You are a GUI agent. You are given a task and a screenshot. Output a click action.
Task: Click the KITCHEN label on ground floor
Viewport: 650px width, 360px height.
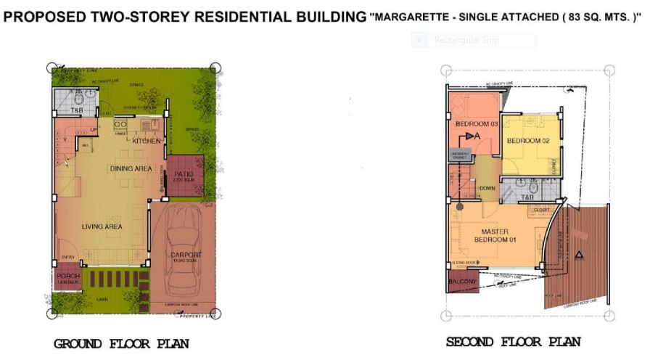click(x=146, y=141)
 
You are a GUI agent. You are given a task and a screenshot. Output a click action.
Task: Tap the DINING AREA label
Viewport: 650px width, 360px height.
click(x=131, y=168)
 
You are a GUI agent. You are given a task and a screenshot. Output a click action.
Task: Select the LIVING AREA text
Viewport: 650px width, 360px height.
click(x=101, y=226)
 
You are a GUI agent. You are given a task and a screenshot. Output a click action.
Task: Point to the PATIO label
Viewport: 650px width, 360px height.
click(x=184, y=174)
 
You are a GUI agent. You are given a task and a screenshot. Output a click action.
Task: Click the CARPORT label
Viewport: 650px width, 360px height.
click(x=187, y=255)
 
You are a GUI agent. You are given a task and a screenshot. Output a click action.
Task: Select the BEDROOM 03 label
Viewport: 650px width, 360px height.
click(x=476, y=124)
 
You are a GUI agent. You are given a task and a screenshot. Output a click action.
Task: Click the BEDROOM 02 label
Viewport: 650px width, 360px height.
click(x=527, y=141)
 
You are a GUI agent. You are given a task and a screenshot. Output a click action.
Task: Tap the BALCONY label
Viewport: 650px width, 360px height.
click(x=462, y=282)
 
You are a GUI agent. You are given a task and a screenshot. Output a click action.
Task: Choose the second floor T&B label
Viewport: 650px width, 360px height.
click(x=527, y=196)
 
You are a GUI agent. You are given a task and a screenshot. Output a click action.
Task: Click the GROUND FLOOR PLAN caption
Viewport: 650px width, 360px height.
click(x=121, y=343)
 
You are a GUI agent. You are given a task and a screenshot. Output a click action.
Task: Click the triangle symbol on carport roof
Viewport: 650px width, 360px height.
click(x=579, y=255)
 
